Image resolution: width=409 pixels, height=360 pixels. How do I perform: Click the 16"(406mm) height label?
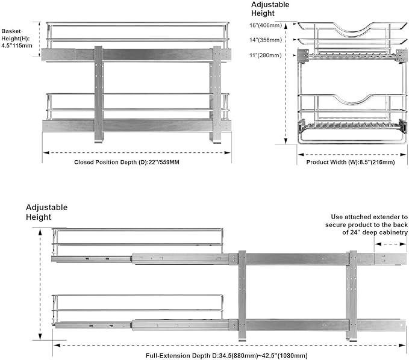pos(266,25)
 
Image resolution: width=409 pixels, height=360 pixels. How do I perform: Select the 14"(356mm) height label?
pos(266,40)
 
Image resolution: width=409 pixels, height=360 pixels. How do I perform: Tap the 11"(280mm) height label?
pos(266,55)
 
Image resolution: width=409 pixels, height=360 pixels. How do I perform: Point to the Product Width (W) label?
pos(350,162)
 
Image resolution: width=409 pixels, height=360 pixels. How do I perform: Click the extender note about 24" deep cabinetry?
pos(370,224)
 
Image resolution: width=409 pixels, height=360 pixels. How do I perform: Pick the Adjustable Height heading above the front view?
pos(270,8)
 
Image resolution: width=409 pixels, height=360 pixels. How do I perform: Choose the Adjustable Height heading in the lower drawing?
pos(46,212)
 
